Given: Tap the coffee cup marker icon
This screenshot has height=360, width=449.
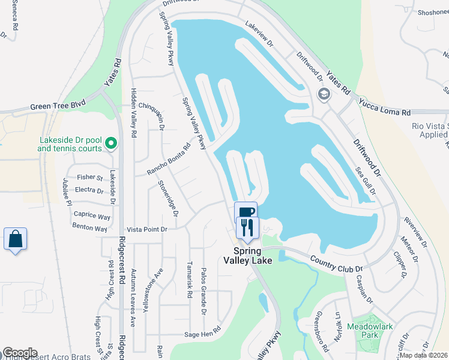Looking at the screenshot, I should pyautogui.click(x=246, y=212).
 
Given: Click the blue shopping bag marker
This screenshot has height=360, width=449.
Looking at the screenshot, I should pyautogui.click(x=15, y=239).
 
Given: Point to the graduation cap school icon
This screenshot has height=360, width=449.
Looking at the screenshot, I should pyautogui.click(x=324, y=94).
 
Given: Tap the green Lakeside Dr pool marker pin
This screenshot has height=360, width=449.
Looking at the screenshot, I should pyautogui.click(x=110, y=144).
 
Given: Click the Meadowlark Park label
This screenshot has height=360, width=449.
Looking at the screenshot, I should pyautogui.click(x=363, y=331).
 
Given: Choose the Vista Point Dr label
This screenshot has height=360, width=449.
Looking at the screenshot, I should pyautogui.click(x=146, y=229).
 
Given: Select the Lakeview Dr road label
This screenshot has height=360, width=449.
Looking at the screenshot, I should pyautogui.click(x=259, y=35).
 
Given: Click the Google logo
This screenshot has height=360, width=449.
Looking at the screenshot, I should pyautogui.click(x=20, y=353).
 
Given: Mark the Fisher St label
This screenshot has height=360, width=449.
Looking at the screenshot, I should pyautogui.click(x=90, y=178).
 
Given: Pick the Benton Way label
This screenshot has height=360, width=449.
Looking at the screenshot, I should pyautogui.click(x=90, y=229).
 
